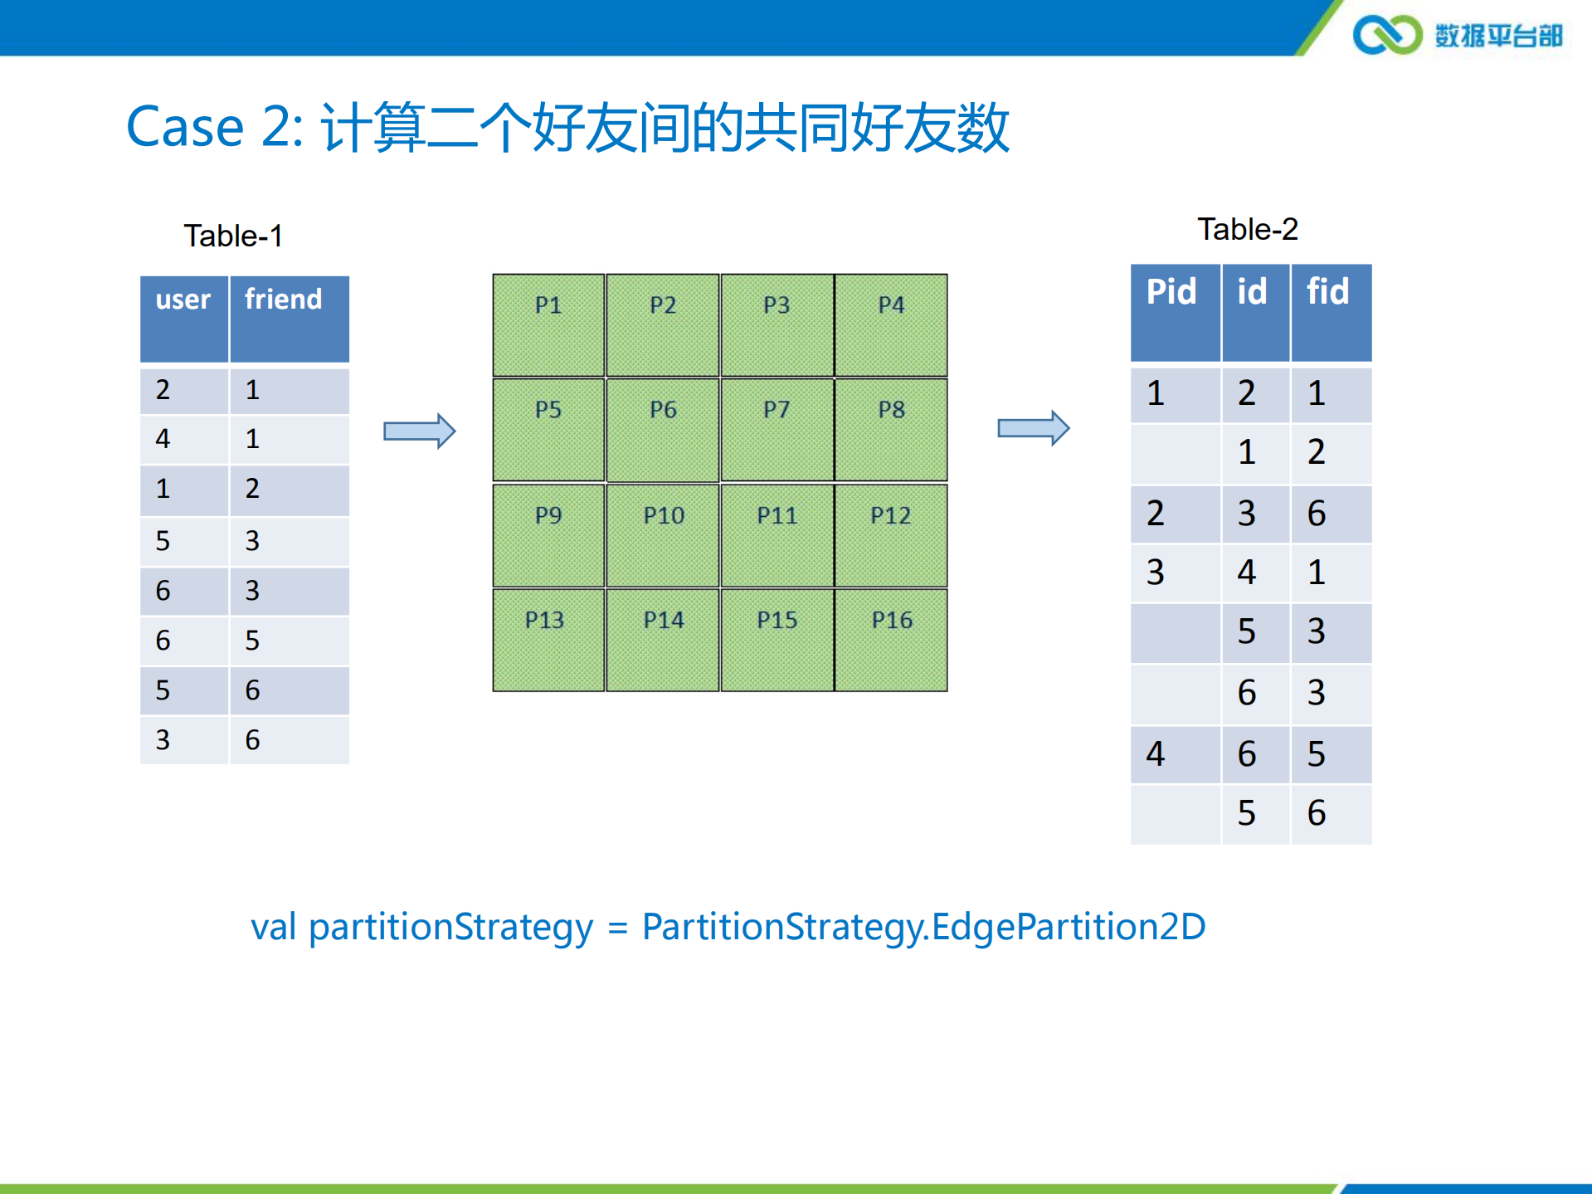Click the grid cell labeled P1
click(548, 325)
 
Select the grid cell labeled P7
click(777, 430)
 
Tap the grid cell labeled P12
click(891, 535)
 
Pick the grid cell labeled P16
click(891, 640)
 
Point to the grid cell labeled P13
click(548, 640)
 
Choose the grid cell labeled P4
click(891, 325)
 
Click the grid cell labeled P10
click(663, 535)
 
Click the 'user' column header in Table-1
click(184, 300)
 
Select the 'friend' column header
click(284, 300)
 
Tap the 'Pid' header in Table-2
click(1171, 292)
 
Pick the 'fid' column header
click(1327, 292)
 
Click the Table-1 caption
click(233, 236)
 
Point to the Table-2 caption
click(1247, 230)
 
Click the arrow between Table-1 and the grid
click(419, 431)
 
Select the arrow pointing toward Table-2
click(1033, 428)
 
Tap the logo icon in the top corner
click(1387, 35)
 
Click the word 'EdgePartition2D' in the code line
click(1069, 927)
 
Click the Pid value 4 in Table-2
click(1156, 754)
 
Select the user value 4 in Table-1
click(163, 439)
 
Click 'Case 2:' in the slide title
click(214, 128)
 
